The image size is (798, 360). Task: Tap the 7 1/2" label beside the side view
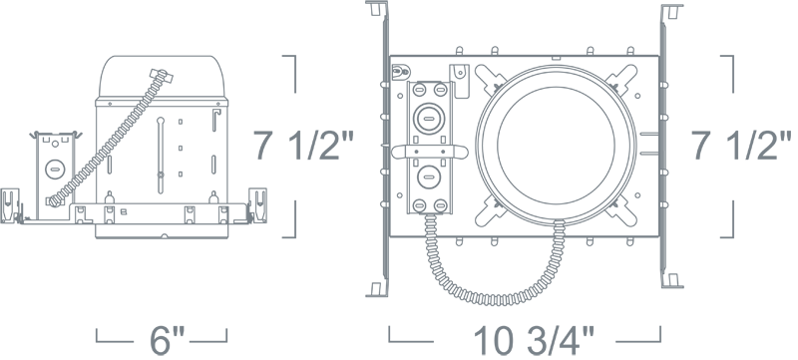(302, 146)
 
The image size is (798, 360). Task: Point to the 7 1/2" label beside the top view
(741, 146)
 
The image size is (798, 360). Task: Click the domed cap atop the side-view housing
(162, 76)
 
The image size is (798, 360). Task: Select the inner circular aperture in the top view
(556, 145)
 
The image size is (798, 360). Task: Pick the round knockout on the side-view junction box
(55, 169)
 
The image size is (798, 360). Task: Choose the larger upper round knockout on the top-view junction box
(430, 119)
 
